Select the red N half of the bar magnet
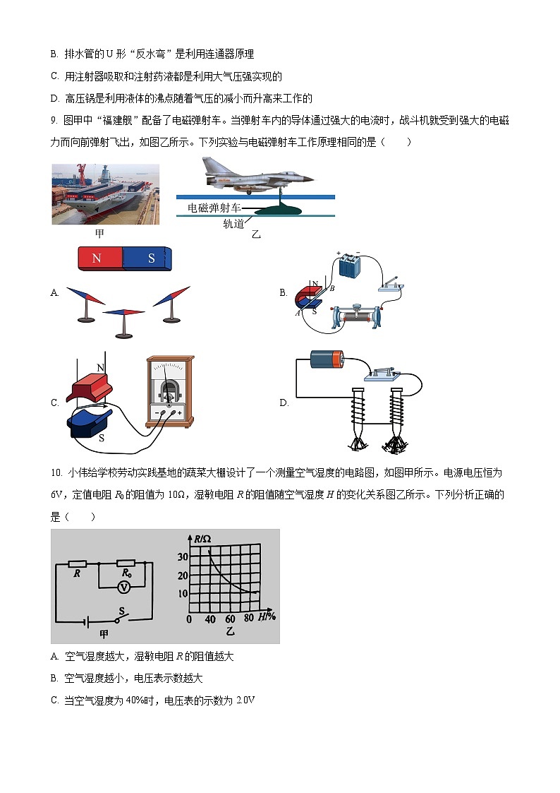(x=98, y=258)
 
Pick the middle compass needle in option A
(x=123, y=312)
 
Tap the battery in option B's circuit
(x=350, y=268)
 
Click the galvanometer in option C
(x=169, y=391)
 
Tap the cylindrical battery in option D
(x=327, y=360)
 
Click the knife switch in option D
(x=382, y=373)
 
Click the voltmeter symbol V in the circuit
(x=124, y=586)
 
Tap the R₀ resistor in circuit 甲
(x=126, y=563)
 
